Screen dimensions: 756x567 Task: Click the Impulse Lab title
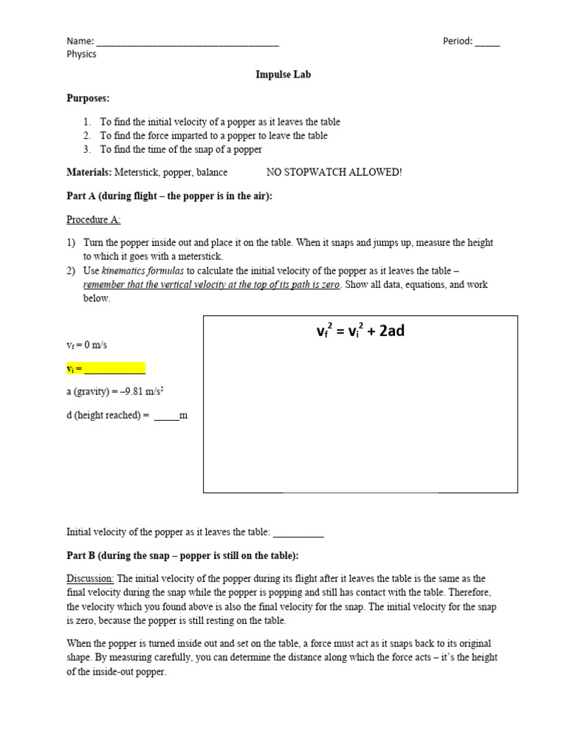283,75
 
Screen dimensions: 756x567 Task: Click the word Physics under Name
81,54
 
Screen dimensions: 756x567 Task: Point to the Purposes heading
88,97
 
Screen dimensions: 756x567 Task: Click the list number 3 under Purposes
86,149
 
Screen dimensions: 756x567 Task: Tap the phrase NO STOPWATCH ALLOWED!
334,172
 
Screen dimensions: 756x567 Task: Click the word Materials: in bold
89,172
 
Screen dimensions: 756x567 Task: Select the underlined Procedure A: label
94,219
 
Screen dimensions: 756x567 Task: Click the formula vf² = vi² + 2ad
360,331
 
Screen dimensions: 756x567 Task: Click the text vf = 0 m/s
88,345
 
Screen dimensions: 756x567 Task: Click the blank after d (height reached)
166,416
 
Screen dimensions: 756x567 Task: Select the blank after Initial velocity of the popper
298,532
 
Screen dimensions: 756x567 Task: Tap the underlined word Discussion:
90,579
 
